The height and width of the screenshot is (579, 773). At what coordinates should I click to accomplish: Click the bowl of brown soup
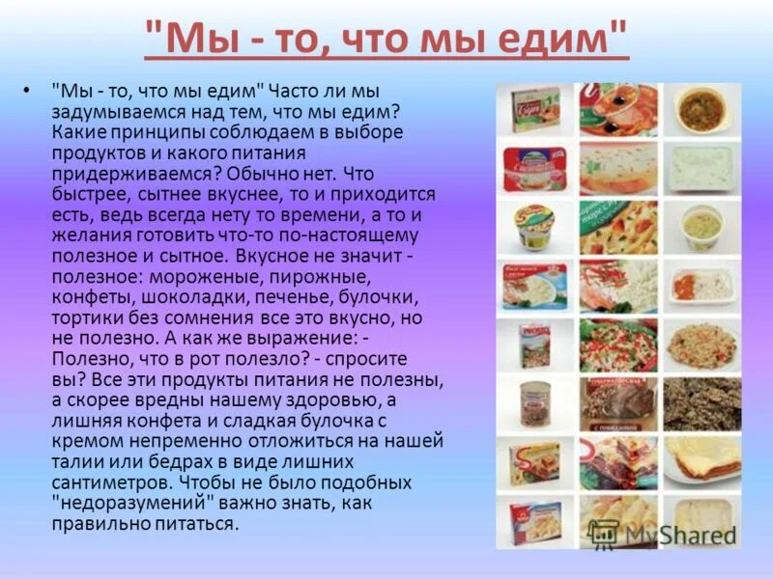[701, 109]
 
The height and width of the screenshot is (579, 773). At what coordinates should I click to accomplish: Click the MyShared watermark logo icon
[604, 534]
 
